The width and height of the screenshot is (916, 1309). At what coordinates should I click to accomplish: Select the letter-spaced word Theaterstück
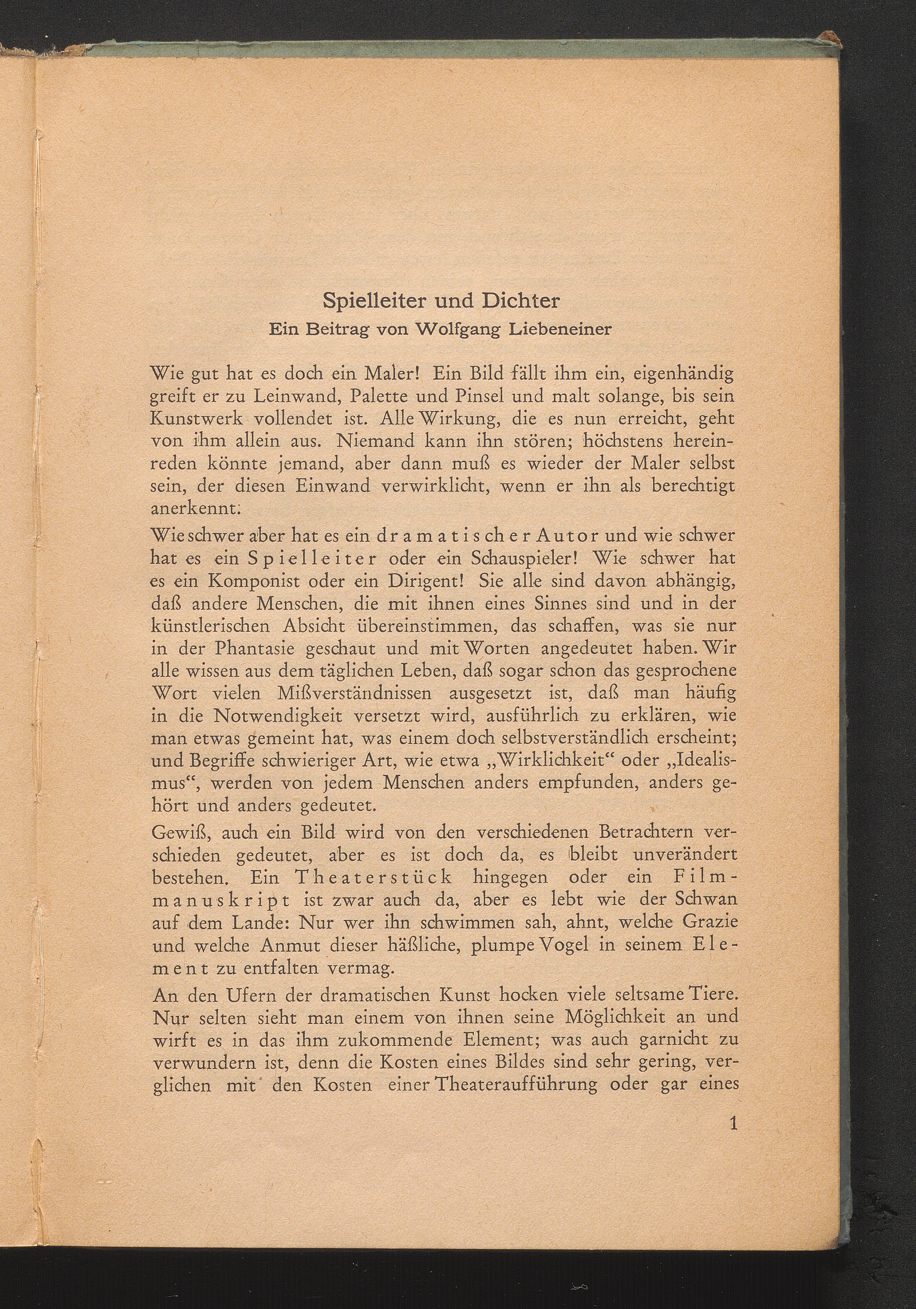(373, 878)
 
